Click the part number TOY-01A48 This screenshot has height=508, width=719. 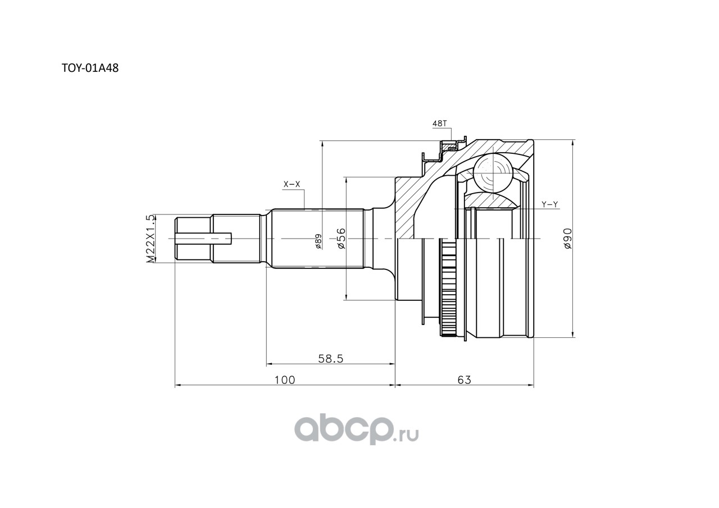coord(90,68)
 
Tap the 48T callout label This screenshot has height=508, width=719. coord(439,123)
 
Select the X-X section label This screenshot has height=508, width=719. coord(292,185)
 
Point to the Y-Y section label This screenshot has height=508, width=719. coord(550,204)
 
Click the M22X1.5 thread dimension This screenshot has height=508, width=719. coord(151,239)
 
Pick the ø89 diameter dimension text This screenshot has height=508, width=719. coord(318,241)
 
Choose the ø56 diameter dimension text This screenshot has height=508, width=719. coord(341,239)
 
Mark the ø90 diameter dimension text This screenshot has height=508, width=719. coord(568,239)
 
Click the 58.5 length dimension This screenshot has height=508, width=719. coord(331,359)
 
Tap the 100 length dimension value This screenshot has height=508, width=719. coord(284,380)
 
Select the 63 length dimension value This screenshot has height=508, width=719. coord(464,380)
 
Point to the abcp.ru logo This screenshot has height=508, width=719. coord(357,431)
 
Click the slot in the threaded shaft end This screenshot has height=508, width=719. coord(203,239)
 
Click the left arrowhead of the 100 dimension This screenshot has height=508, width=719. coord(178,385)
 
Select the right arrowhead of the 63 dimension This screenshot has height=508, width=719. coord(531,385)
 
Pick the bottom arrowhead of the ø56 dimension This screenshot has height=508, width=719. coord(345,296)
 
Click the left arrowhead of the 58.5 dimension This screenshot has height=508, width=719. coord(269,364)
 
